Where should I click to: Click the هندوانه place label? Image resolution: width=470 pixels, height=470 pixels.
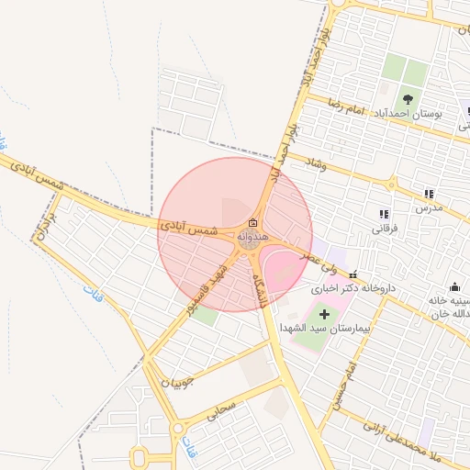(x=252, y=237)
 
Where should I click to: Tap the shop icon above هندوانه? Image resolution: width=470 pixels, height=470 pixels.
(x=252, y=223)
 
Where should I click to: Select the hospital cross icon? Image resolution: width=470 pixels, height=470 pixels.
(x=323, y=315)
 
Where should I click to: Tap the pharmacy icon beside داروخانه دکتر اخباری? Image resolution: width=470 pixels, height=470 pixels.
(x=353, y=274)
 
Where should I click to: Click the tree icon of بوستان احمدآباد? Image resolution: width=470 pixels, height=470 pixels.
(x=408, y=99)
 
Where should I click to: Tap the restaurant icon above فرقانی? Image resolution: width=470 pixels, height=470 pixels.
(x=383, y=214)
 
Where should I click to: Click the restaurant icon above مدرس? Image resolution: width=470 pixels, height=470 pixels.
(x=429, y=194)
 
